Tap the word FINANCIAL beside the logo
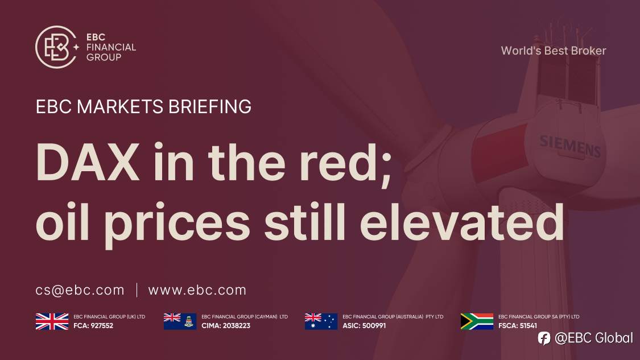tap(111, 47)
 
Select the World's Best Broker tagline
tap(553, 51)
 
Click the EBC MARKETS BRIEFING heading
tap(143, 107)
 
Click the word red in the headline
tap(350, 162)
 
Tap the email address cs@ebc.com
tap(80, 290)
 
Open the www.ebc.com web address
tap(197, 290)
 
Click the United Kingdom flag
tap(52, 321)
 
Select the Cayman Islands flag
tap(180, 321)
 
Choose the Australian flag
tap(321, 321)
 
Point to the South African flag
tap(477, 321)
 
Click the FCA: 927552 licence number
tap(94, 326)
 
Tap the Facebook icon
tap(544, 338)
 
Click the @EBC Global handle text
tap(593, 338)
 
